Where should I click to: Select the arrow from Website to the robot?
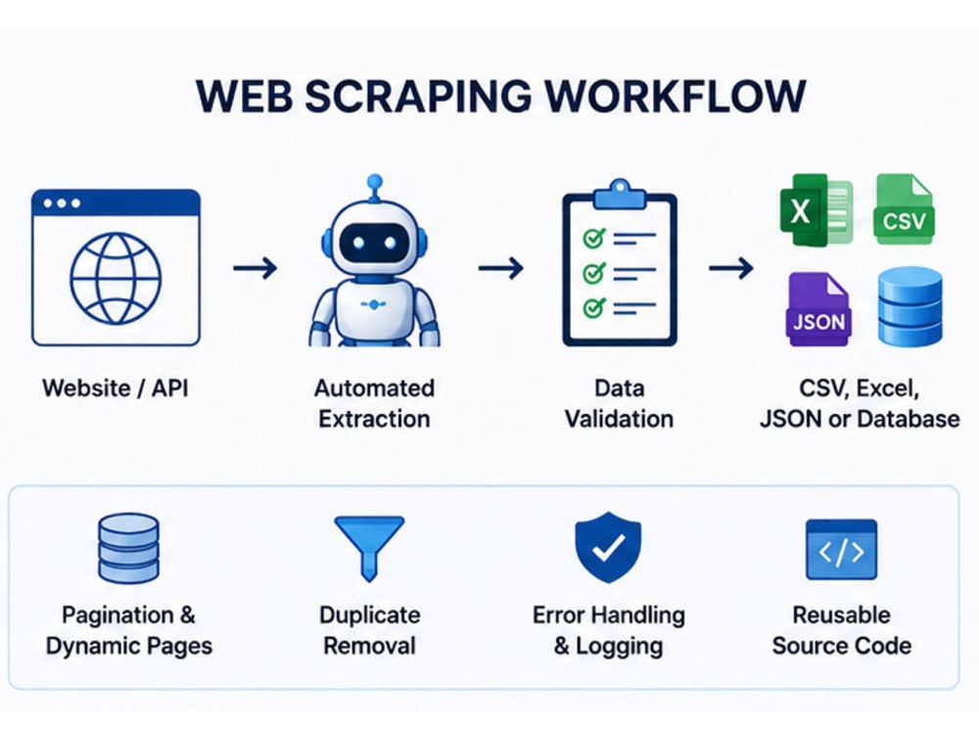click(x=256, y=268)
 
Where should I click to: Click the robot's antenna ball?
click(x=375, y=182)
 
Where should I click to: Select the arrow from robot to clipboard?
click(x=500, y=268)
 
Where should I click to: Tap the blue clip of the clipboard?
click(x=620, y=195)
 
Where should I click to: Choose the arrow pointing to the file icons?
click(x=731, y=268)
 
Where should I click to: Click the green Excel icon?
click(x=816, y=209)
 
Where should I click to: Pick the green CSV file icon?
click(x=905, y=209)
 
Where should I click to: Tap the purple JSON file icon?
click(x=818, y=309)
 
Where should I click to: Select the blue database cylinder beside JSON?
click(x=909, y=307)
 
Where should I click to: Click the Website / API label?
click(x=116, y=389)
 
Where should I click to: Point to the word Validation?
click(x=620, y=419)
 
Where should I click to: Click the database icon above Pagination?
click(x=128, y=549)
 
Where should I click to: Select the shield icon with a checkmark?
click(x=608, y=547)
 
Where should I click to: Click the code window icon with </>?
click(x=842, y=549)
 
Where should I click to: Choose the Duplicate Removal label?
click(x=370, y=630)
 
